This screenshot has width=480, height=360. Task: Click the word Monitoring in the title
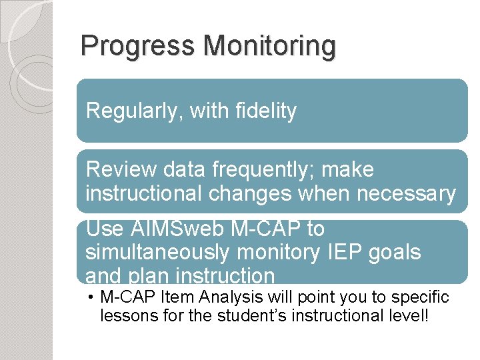click(269, 47)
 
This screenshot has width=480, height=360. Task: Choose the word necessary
click(407, 193)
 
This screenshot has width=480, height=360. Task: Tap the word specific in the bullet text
click(424, 297)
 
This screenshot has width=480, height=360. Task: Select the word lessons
click(124, 315)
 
